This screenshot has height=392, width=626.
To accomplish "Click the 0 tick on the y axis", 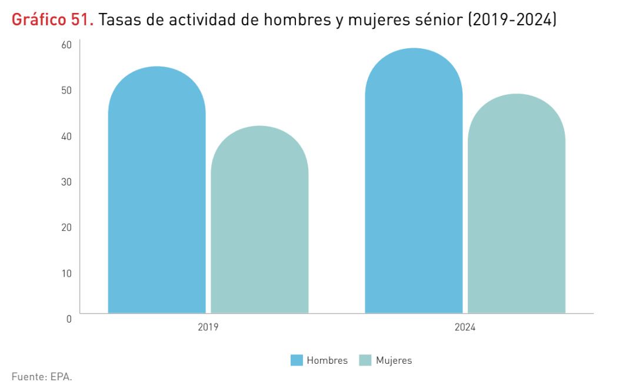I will [x=69, y=318].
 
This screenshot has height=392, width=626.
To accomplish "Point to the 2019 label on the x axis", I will [x=208, y=327].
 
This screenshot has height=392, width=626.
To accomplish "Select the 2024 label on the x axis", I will [x=465, y=327].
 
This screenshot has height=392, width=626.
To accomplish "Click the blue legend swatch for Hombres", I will [x=297, y=360].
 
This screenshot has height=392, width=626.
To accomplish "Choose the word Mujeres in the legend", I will [x=394, y=360].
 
